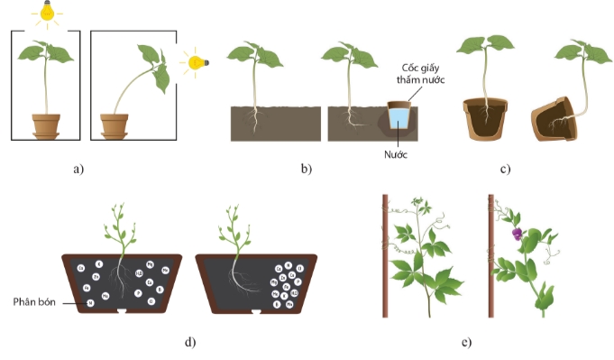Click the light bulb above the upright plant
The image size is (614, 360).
point(44,13)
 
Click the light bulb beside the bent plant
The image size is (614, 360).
point(195,62)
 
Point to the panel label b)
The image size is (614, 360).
point(306,168)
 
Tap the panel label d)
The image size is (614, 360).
point(190,340)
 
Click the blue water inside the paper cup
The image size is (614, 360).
point(398,119)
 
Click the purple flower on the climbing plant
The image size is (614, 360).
point(518,234)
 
